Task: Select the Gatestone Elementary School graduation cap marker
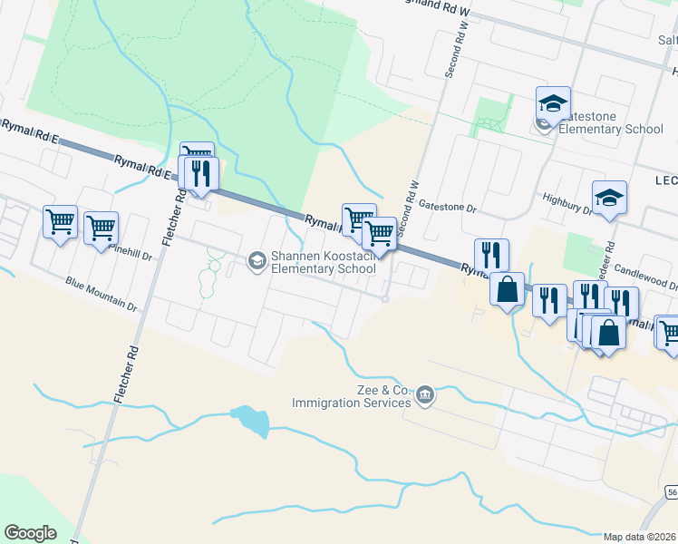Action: pyautogui.click(x=552, y=105)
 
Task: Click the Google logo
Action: pyautogui.click(x=30, y=533)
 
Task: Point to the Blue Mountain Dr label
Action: pyautogui.click(x=101, y=295)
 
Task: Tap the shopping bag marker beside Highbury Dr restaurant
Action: pyautogui.click(x=508, y=289)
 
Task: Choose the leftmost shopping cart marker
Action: pyautogui.click(x=60, y=221)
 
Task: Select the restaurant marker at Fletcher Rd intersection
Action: pyautogui.click(x=200, y=172)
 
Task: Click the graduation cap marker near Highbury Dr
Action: pyautogui.click(x=609, y=198)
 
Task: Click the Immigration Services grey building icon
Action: pyautogui.click(x=424, y=394)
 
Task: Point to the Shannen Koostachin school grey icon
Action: pyautogui.click(x=256, y=261)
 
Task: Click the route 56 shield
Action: pyautogui.click(x=671, y=491)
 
